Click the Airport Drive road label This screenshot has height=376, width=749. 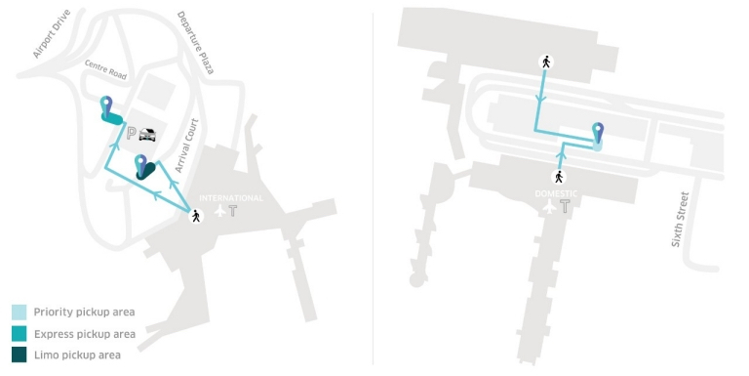[x=54, y=36]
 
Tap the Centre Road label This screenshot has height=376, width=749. [x=106, y=71]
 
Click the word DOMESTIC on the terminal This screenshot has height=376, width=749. [x=556, y=193]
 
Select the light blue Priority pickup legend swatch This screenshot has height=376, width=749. [x=20, y=313]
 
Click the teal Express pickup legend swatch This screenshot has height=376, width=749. [x=20, y=334]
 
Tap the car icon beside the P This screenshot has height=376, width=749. [x=148, y=135]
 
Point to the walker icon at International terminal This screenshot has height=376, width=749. [x=197, y=216]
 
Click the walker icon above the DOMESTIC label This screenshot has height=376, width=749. [x=559, y=177]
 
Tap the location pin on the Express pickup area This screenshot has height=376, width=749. [x=106, y=106]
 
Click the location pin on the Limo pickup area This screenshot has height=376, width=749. [x=141, y=164]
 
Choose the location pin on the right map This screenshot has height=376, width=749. [x=598, y=134]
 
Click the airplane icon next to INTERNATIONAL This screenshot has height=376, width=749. [x=218, y=211]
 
